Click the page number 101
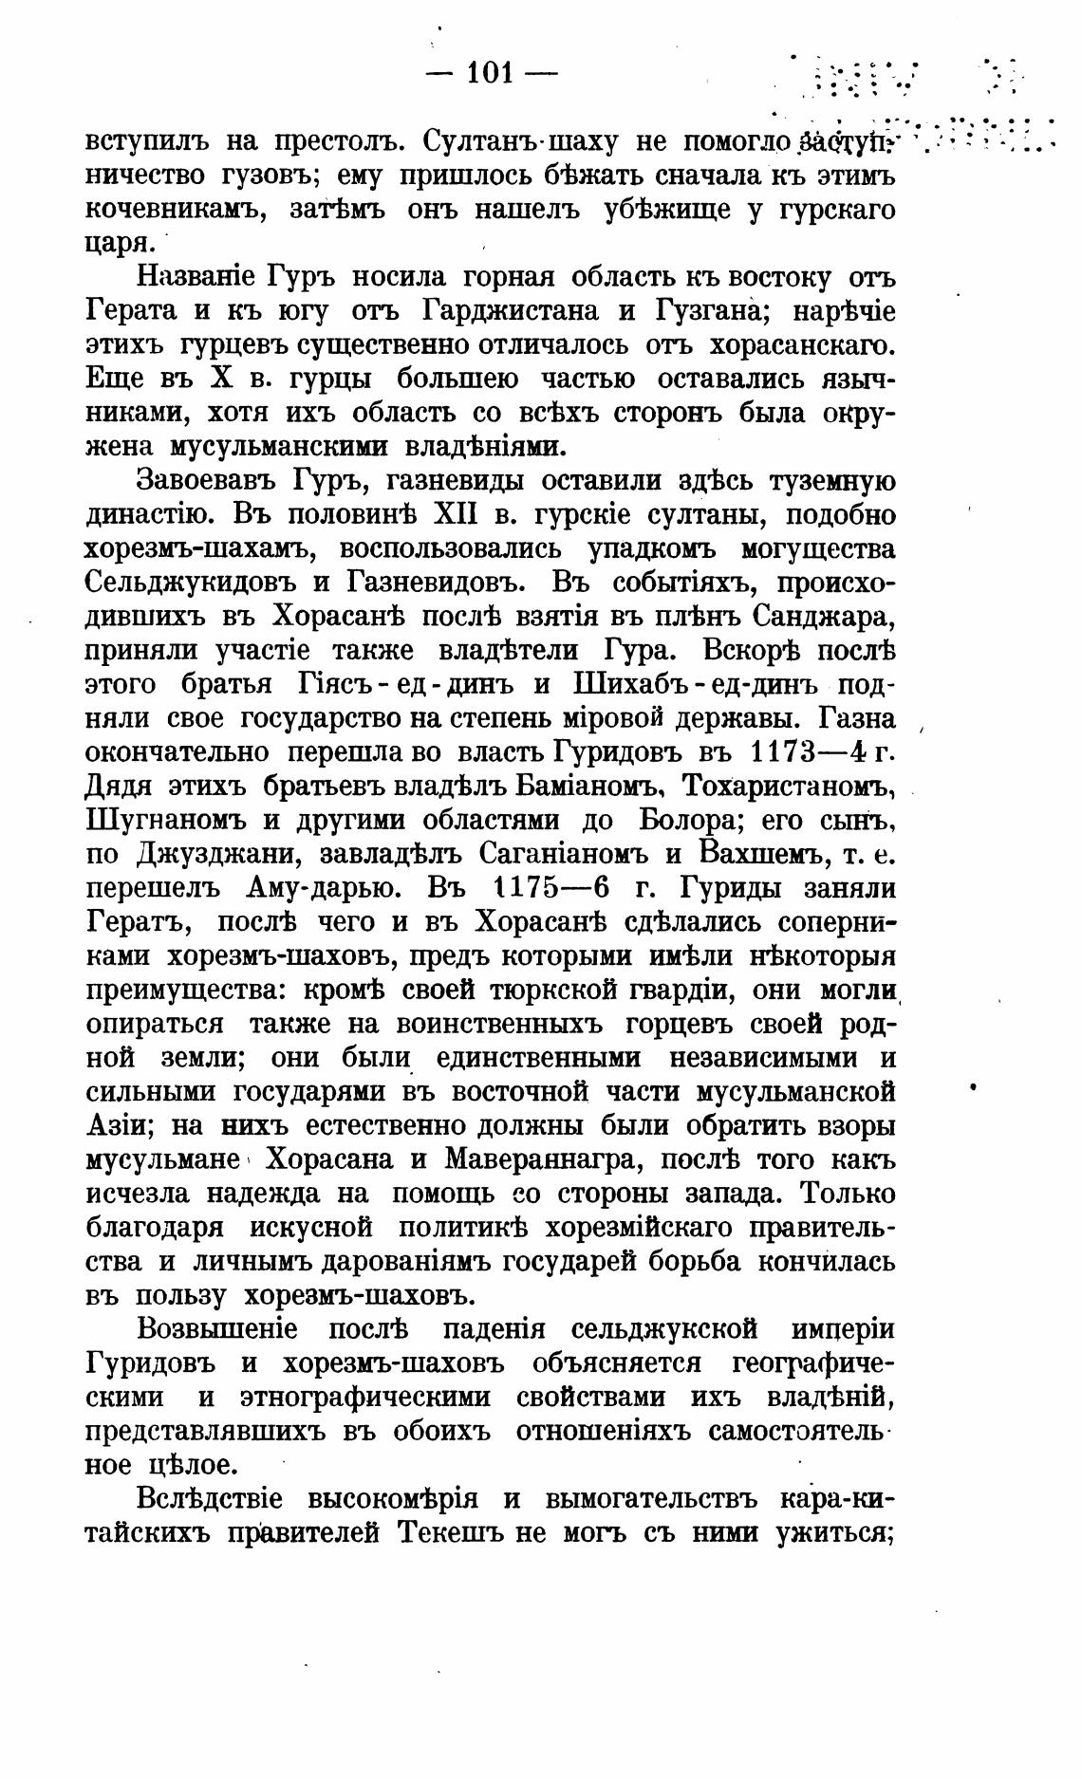pos(490,72)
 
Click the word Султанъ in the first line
pos(481,141)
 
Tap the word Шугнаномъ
pos(165,823)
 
